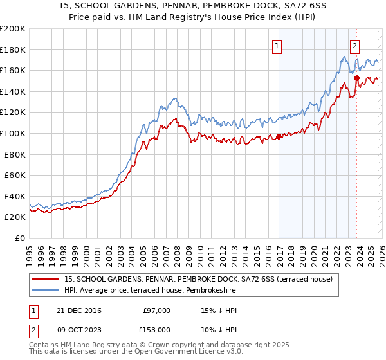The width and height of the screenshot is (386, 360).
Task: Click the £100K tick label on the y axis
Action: pos(13,133)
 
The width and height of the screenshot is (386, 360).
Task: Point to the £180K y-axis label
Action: pos(13,50)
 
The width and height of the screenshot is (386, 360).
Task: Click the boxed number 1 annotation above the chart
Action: pos(277,46)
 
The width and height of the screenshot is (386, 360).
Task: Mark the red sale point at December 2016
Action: pos(279,136)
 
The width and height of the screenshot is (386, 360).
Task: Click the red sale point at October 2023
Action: pos(356,78)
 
